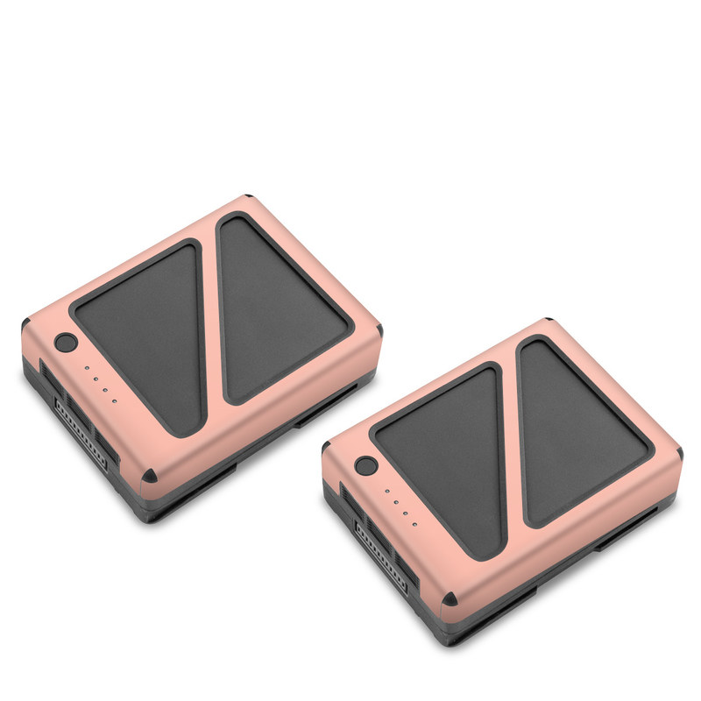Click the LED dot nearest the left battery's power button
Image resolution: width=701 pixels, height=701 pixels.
[85, 369]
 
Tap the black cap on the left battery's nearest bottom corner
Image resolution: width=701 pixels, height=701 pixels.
[150, 475]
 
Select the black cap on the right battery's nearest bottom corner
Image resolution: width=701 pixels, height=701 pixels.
[450, 598]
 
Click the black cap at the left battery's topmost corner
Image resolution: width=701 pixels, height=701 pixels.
[249, 199]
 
